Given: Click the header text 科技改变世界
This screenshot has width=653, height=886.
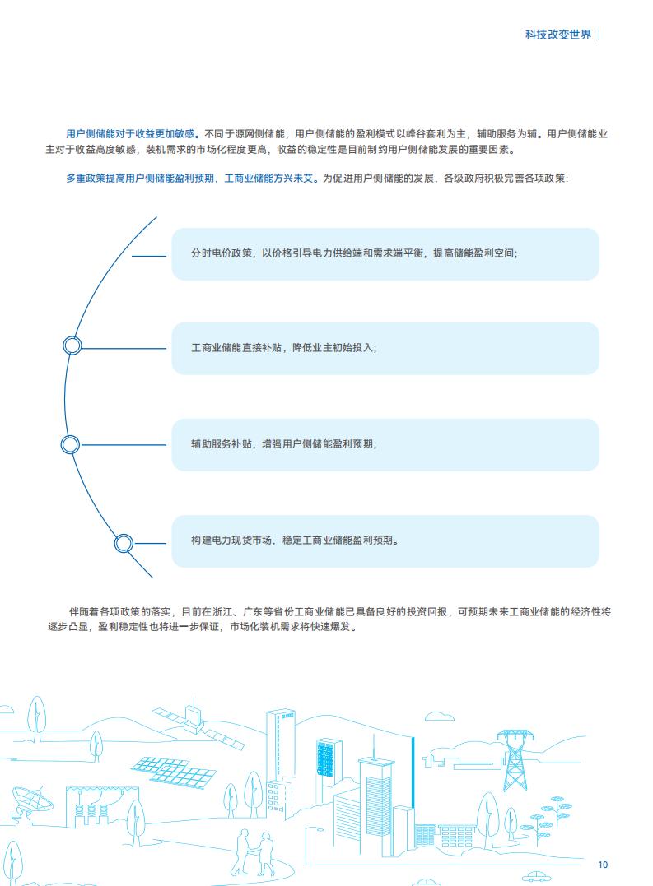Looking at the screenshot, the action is (x=558, y=35).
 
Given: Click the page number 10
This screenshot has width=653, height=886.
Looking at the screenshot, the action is (x=603, y=865).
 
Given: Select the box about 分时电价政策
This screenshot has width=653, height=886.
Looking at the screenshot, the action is (x=385, y=253).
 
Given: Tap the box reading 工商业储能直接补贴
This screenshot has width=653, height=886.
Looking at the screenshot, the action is (x=385, y=348).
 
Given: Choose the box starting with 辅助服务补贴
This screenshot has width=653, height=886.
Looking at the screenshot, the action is (x=385, y=444).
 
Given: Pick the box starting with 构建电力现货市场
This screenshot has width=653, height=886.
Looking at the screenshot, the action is (x=385, y=540).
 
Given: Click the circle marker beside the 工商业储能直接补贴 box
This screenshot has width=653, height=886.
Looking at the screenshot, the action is (x=72, y=346).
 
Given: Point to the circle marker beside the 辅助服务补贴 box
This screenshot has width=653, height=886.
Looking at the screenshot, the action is (x=70, y=444).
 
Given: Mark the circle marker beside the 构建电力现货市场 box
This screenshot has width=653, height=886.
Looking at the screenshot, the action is (x=124, y=544).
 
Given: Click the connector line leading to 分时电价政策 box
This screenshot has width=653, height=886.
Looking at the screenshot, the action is (x=149, y=256).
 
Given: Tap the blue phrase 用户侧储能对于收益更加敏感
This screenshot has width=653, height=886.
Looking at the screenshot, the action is (x=130, y=134).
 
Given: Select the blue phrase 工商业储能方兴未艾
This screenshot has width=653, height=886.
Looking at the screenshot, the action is (x=268, y=179).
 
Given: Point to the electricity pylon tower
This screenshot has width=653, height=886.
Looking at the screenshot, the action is (x=515, y=758).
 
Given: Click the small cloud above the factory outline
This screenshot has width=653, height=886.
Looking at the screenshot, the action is (x=439, y=717).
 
